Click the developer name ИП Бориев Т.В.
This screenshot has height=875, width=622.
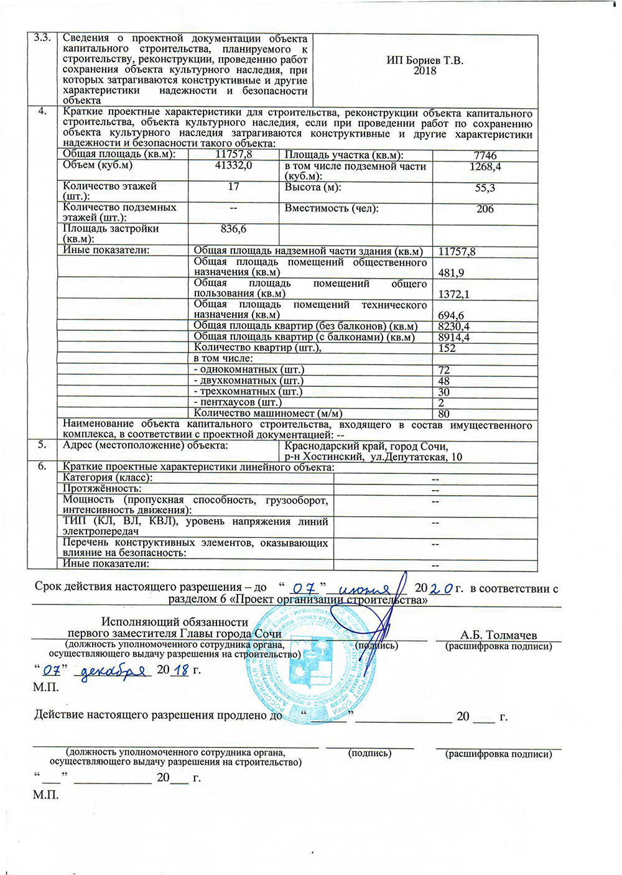(425, 60)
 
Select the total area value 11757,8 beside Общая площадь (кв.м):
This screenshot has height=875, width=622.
(233, 154)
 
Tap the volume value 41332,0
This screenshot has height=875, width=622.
(233, 165)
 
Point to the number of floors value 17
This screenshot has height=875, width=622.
(233, 187)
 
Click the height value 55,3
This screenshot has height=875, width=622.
(485, 188)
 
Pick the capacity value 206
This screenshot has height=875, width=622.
(485, 209)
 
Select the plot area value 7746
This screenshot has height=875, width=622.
(485, 155)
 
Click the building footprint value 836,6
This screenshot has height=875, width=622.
(233, 229)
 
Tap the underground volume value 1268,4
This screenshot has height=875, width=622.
(485, 167)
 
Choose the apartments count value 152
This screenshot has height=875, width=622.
(447, 348)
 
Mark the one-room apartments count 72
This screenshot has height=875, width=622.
(444, 370)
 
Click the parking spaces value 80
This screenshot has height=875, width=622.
(444, 414)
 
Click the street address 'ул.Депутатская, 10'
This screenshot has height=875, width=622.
(416, 457)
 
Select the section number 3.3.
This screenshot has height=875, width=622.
(42, 38)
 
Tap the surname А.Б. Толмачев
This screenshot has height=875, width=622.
(498, 635)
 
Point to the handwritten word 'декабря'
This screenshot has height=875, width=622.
(112, 671)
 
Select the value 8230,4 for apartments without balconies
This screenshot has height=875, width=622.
(454, 326)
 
